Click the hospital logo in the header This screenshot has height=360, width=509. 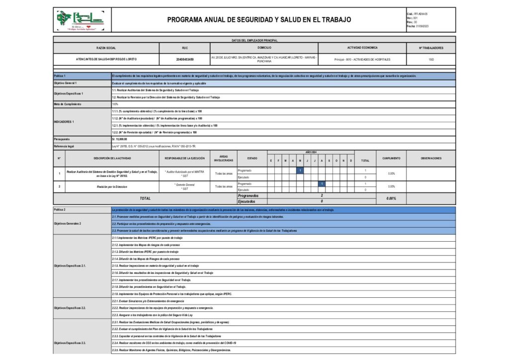pyautogui.click(x=81, y=20)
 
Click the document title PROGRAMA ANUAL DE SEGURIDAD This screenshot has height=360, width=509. pyautogui.click(x=259, y=20)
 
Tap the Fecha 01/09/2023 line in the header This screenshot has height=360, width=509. pyautogui.click(x=418, y=26)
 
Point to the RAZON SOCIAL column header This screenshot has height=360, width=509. pyautogui.click(x=106, y=48)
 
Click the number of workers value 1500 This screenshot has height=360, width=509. pyautogui.click(x=431, y=59)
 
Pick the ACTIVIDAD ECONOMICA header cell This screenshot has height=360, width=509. pyautogui.click(x=362, y=48)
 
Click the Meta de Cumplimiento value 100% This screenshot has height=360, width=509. pyautogui.click(x=115, y=104)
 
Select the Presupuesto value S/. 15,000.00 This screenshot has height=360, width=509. pyautogui.click(x=120, y=140)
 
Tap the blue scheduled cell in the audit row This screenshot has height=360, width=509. pyautogui.click(x=300, y=171)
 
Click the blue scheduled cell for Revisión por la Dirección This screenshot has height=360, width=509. pyautogui.click(x=322, y=184)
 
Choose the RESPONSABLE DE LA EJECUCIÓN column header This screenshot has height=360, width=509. pyautogui.click(x=184, y=159)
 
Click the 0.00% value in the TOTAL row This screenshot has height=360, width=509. pyautogui.click(x=391, y=198)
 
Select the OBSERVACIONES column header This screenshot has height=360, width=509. pyautogui.click(x=431, y=159)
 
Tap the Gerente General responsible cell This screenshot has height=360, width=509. pyautogui.click(x=184, y=186)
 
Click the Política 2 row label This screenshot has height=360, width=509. pyautogui.click(x=60, y=210)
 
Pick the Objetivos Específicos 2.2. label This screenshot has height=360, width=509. pyautogui.click(x=70, y=308)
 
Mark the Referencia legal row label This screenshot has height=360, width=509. pyautogui.click(x=64, y=147)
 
